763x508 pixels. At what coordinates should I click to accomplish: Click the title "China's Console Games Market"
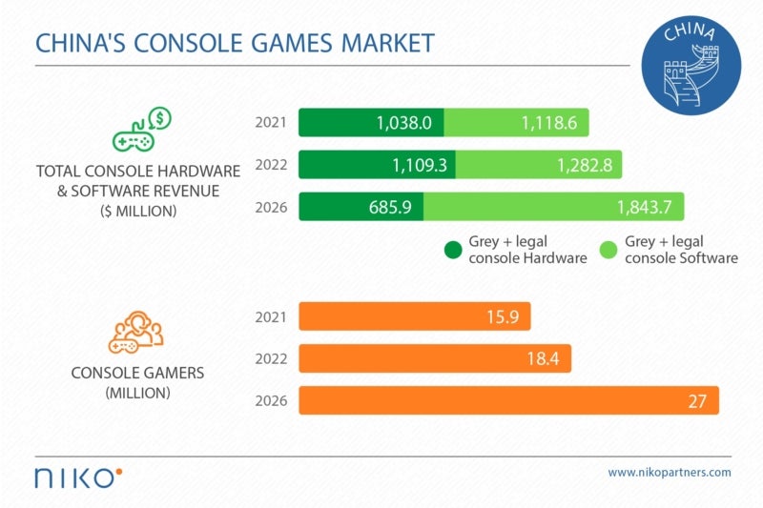pos(235,43)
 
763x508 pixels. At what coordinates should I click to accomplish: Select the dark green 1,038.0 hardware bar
pos(371,123)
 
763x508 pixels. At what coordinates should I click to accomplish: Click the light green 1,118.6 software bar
pos(516,123)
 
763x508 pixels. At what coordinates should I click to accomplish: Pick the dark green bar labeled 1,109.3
pos(377,165)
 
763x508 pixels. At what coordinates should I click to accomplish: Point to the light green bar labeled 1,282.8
pos(539,165)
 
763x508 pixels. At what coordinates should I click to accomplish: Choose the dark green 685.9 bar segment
pos(361,207)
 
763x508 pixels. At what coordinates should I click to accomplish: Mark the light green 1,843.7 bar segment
pos(553,207)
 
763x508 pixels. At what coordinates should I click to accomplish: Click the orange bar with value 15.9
pos(414,316)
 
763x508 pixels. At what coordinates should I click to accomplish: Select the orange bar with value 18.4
pos(435,358)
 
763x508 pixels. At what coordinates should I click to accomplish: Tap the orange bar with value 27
pos(508,400)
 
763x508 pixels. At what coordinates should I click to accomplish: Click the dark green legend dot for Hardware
pos(453,250)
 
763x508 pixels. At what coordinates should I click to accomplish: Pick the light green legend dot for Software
pos(608,250)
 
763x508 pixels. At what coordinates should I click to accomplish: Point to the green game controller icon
pos(139,132)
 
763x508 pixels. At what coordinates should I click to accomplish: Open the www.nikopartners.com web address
pos(669,472)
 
